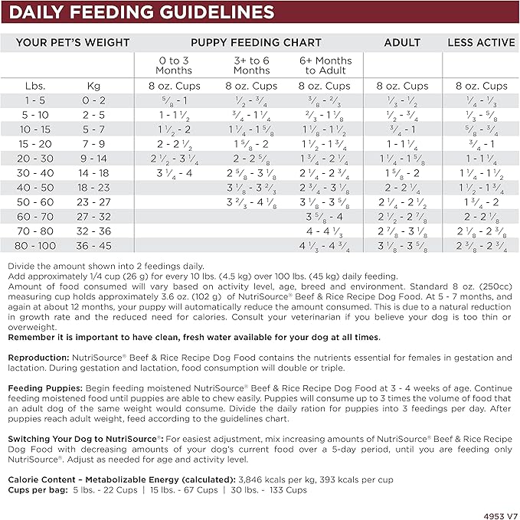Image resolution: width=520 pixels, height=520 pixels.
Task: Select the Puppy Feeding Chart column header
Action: [x=245, y=42]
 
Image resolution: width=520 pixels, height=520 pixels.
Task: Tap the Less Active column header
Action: [x=481, y=42]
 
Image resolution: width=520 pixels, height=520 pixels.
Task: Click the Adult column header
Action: [x=403, y=42]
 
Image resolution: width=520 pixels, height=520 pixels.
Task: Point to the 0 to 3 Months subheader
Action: [x=174, y=65]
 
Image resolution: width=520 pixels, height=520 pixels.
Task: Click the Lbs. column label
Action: [x=35, y=86]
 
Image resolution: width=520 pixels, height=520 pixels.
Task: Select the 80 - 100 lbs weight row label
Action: [x=35, y=246]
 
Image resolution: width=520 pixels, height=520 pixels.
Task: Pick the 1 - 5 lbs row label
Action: [x=35, y=100]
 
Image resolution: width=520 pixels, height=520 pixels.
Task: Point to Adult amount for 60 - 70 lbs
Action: [x=403, y=217]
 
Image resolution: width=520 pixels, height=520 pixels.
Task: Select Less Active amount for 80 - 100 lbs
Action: [x=481, y=246]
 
